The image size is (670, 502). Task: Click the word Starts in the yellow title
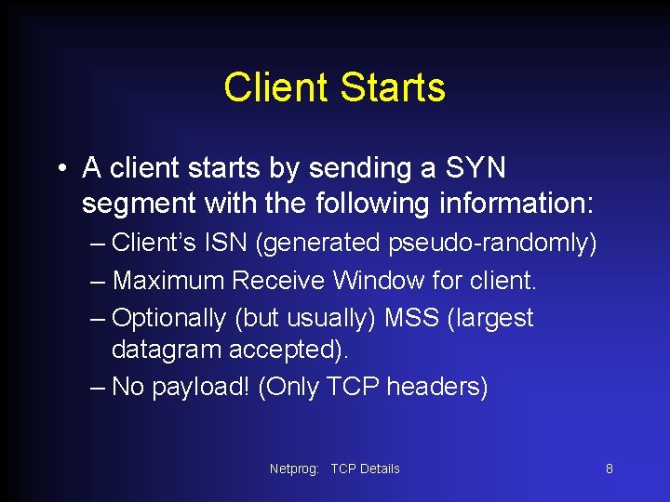[393, 88]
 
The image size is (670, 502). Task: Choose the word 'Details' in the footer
[380, 469]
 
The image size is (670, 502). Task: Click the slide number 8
[610, 469]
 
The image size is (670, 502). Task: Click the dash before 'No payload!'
[99, 387]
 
